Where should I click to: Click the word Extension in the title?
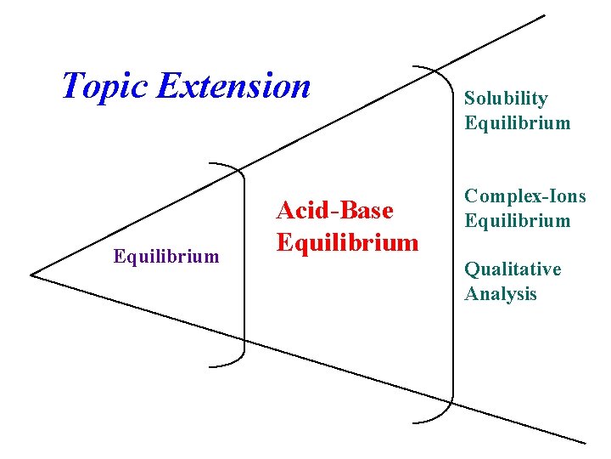pyautogui.click(x=234, y=85)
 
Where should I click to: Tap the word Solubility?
pyautogui.click(x=506, y=99)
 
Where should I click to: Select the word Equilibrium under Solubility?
pyautogui.click(x=517, y=123)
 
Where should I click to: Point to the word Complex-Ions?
pyautogui.click(x=524, y=196)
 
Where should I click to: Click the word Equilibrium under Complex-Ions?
pyautogui.click(x=517, y=221)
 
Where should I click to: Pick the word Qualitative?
pyautogui.click(x=512, y=269)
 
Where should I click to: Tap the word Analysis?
pyautogui.click(x=500, y=294)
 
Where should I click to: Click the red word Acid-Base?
pyautogui.click(x=334, y=210)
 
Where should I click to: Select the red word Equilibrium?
pyautogui.click(x=347, y=242)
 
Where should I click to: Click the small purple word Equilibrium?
pyautogui.click(x=166, y=256)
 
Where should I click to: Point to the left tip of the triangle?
pyautogui.click(x=31, y=274)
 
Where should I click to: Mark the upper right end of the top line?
pyautogui.click(x=544, y=16)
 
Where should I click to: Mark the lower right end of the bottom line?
pyautogui.click(x=585, y=442)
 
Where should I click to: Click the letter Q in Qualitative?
pyautogui.click(x=472, y=270)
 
